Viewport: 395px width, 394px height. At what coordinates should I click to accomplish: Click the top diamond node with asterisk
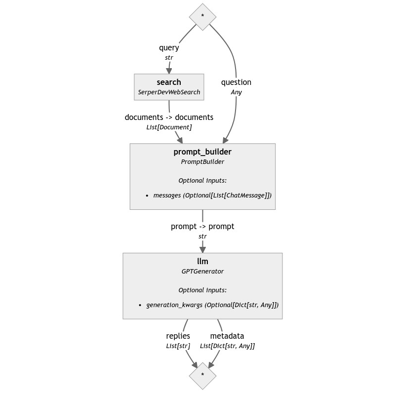202,16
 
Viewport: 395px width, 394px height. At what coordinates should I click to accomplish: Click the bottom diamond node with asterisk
202,375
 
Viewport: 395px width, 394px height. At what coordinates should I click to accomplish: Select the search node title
169,82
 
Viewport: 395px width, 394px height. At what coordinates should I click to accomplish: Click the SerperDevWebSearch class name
169,92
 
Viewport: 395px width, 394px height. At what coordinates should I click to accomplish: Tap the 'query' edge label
169,48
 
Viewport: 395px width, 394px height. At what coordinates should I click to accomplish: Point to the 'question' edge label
236,82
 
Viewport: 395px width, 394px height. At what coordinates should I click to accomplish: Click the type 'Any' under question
236,92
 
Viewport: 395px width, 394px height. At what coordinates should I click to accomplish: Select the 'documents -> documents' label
169,117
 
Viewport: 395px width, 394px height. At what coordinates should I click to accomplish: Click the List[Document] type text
169,127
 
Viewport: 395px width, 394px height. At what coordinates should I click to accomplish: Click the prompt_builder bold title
202,152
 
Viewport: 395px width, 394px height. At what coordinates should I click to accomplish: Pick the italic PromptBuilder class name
202,162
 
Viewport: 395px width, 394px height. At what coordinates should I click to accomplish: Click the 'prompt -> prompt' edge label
202,226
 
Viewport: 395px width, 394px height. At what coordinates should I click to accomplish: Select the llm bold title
202,261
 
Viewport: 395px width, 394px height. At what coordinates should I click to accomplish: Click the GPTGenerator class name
202,271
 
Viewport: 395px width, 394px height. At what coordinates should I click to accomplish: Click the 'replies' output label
178,336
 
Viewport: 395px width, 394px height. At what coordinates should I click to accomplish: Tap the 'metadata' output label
227,336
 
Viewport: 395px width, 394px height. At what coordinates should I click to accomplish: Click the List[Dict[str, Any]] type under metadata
227,346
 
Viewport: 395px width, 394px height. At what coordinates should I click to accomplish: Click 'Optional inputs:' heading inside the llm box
202,290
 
